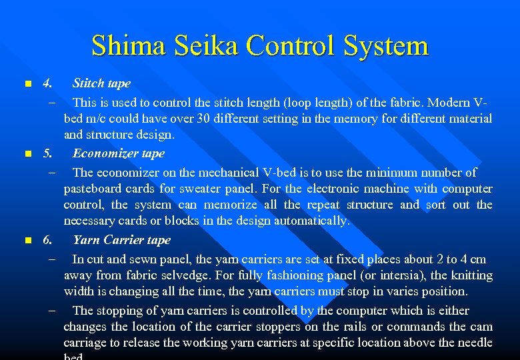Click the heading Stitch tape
click(x=101, y=83)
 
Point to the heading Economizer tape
click(x=118, y=153)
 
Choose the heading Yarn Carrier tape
click(x=121, y=240)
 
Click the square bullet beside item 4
click(x=27, y=84)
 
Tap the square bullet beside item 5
click(x=27, y=154)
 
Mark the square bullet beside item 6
click(x=27, y=241)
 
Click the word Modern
click(x=449, y=103)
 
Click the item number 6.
click(x=47, y=240)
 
